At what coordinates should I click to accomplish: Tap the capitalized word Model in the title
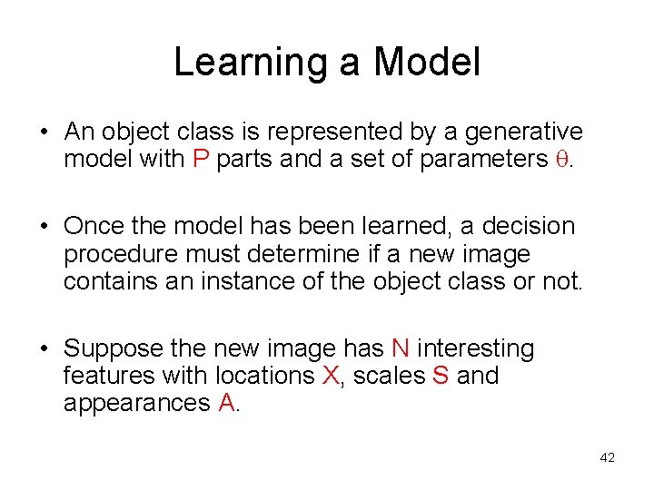(426, 63)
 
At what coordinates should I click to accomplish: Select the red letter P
(201, 160)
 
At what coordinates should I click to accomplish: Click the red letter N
(400, 348)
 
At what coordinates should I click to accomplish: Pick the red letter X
(331, 376)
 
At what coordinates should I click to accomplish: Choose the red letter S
(441, 376)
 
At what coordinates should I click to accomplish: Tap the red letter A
(227, 403)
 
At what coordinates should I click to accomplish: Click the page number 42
(608, 458)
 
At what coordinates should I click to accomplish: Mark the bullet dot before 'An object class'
(44, 133)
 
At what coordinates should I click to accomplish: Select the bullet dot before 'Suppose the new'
(44, 349)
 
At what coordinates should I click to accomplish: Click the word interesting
(476, 349)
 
